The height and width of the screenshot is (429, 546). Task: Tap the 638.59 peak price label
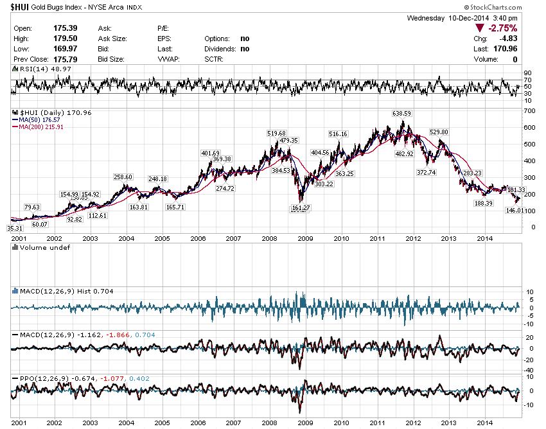401,113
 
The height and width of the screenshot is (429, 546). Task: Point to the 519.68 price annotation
276,133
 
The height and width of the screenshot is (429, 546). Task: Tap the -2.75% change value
502,29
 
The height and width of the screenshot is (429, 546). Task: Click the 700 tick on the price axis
529,111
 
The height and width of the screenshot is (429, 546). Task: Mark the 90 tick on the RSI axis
527,73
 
